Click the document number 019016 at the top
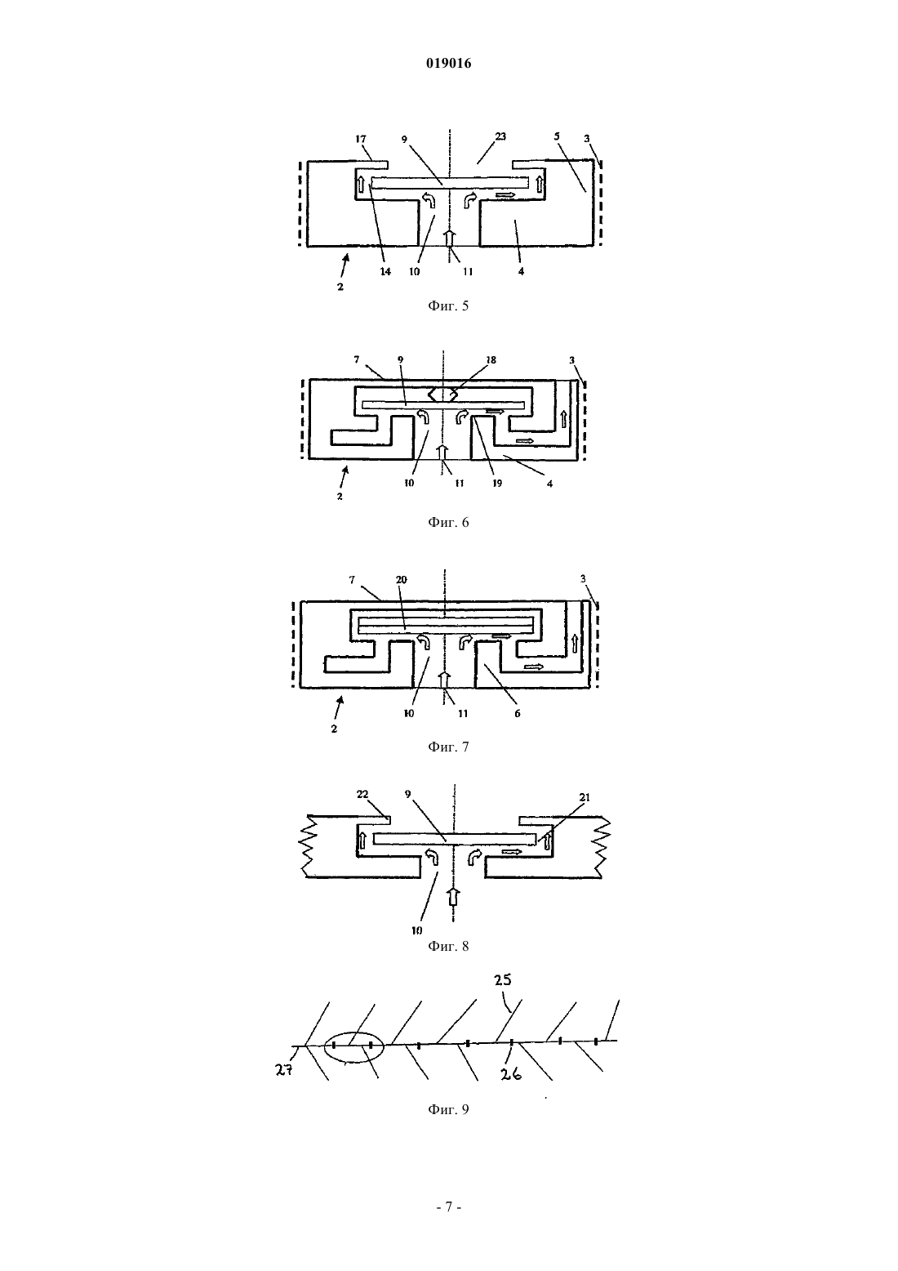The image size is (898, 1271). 448,63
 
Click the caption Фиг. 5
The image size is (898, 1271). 448,305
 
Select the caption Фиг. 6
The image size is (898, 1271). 448,522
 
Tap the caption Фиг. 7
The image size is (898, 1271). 448,747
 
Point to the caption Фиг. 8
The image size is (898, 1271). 448,946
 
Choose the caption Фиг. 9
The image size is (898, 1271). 448,1109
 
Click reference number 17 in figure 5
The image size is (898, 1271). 361,138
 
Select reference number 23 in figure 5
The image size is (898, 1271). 500,136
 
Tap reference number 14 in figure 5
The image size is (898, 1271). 385,271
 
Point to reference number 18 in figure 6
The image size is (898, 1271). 491,359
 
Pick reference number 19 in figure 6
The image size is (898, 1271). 496,484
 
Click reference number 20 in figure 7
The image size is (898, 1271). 402,579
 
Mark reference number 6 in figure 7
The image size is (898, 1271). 517,713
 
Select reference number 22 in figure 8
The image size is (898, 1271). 362,794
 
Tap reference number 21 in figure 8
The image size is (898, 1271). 585,797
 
